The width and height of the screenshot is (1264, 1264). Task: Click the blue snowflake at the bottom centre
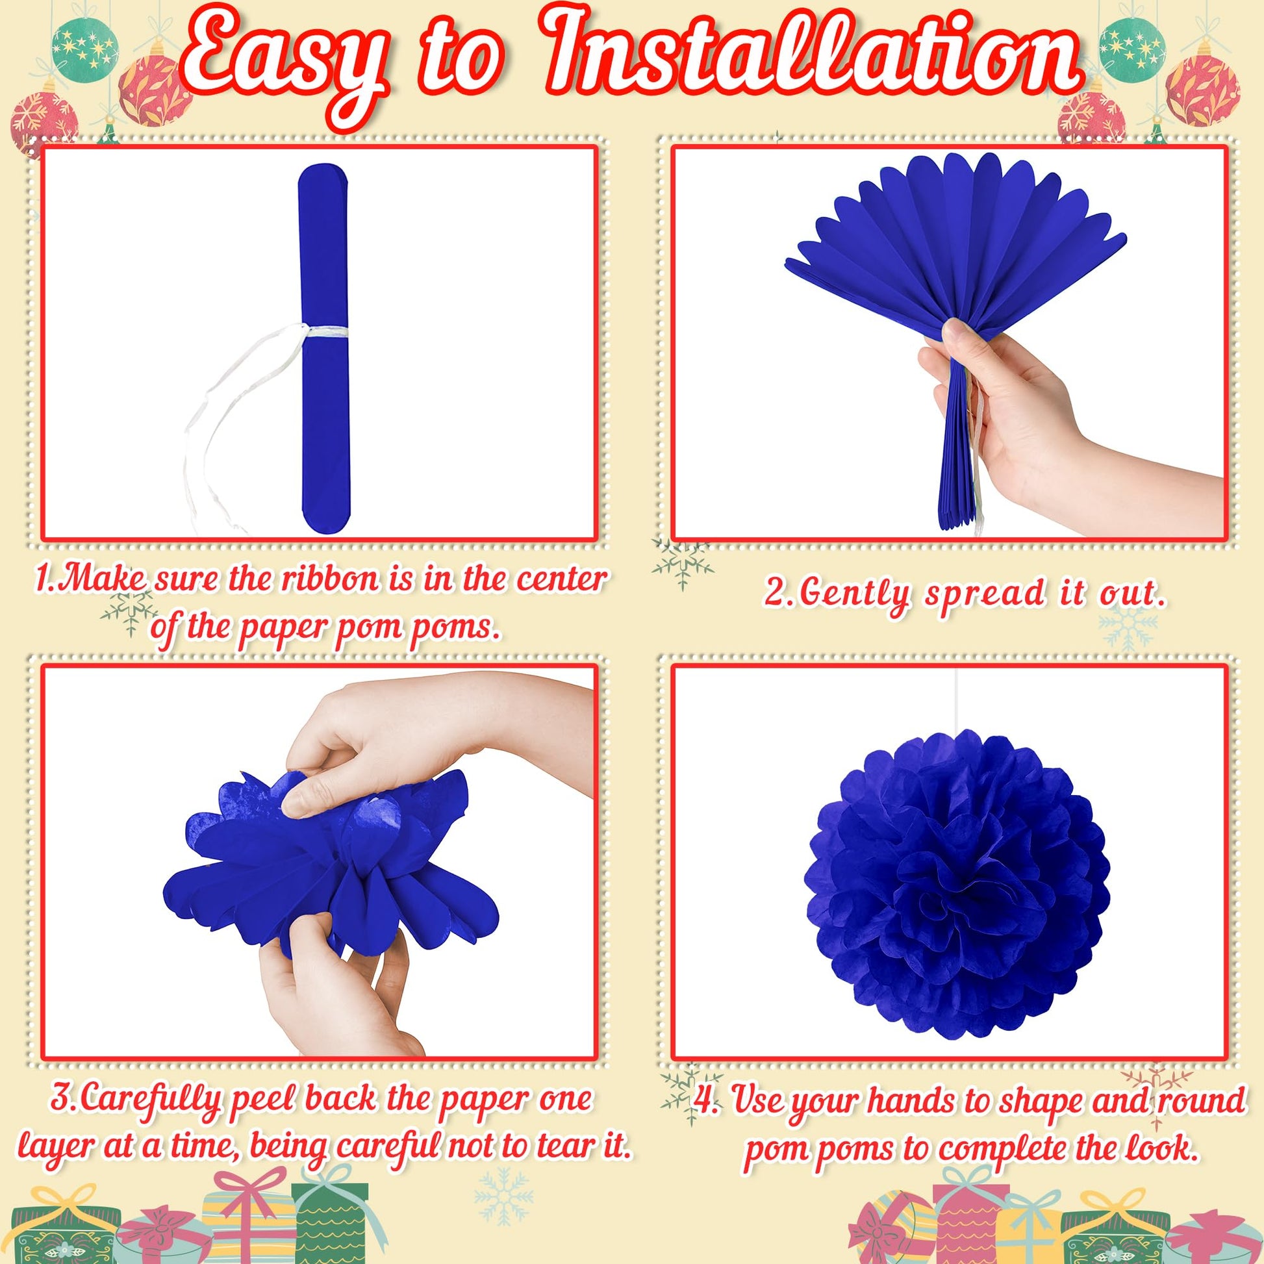[x=502, y=1195]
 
